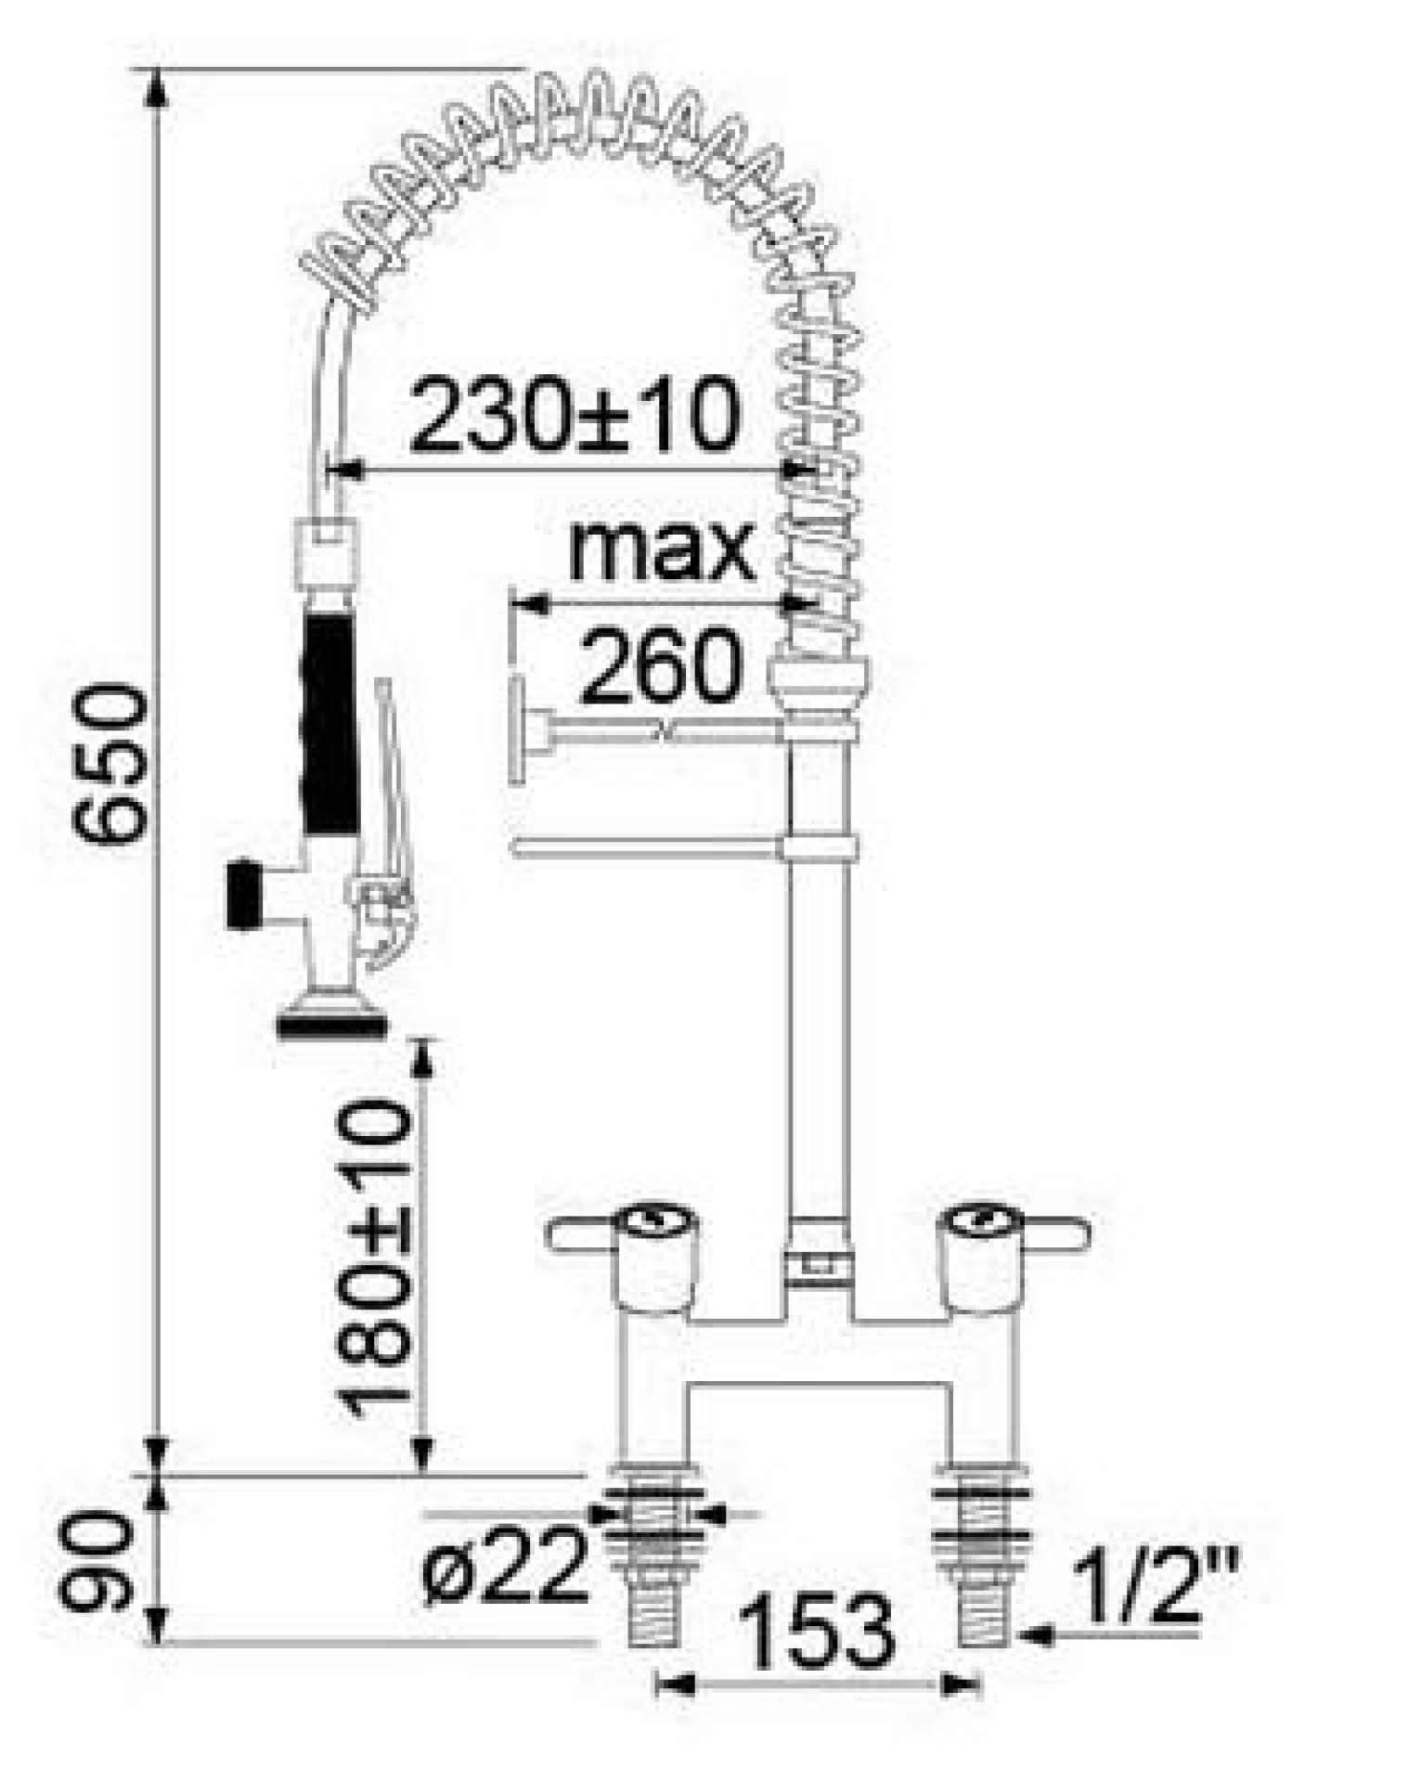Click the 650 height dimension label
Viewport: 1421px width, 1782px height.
(110, 763)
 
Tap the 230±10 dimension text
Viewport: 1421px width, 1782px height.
(575, 414)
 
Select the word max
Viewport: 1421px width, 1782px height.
(660, 551)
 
